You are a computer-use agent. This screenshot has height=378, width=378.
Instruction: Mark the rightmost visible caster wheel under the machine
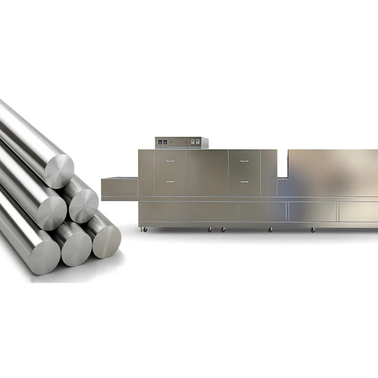tap(313, 229)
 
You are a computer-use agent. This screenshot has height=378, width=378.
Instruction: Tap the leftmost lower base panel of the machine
tap(163, 211)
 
